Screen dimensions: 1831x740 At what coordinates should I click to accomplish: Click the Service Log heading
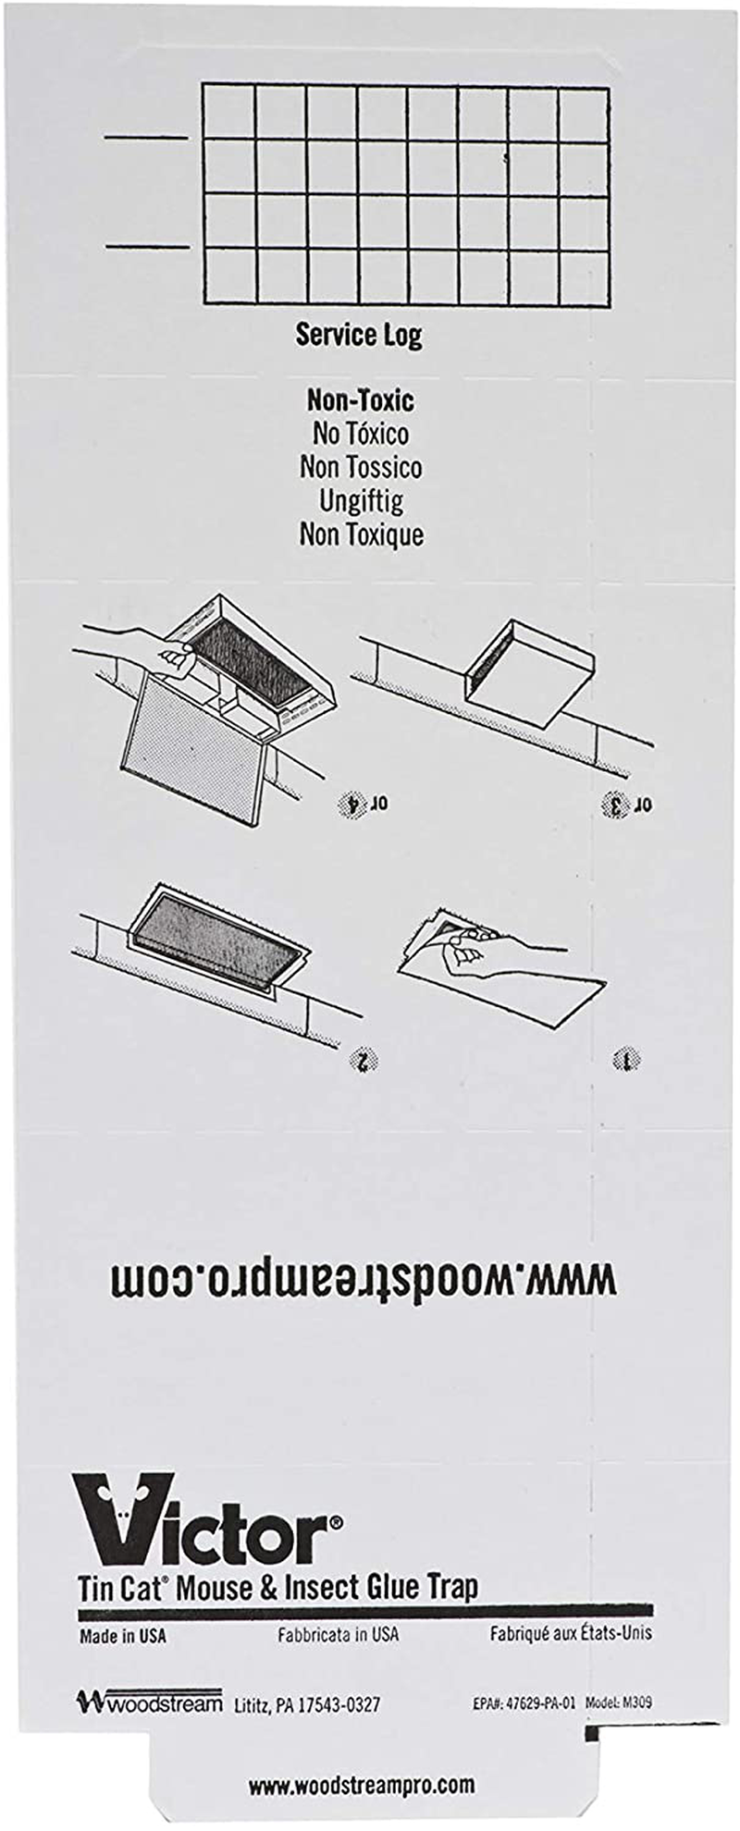[358, 335]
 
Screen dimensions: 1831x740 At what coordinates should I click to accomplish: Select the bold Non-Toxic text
[361, 400]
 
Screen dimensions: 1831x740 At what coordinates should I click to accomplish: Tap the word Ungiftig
[361, 501]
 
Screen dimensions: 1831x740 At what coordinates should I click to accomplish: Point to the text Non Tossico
[361, 467]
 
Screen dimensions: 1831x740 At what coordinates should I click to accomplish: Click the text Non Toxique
[361, 535]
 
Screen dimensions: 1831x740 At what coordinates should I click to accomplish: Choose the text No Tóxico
[361, 434]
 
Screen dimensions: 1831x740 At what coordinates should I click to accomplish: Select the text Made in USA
[123, 1636]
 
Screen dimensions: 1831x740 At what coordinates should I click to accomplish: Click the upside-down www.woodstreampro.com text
[363, 1280]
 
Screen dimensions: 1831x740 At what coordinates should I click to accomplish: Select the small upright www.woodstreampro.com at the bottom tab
[361, 1785]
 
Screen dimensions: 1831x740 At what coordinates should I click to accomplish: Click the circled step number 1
[627, 1060]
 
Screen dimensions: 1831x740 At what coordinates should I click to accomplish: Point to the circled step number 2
[364, 1061]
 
